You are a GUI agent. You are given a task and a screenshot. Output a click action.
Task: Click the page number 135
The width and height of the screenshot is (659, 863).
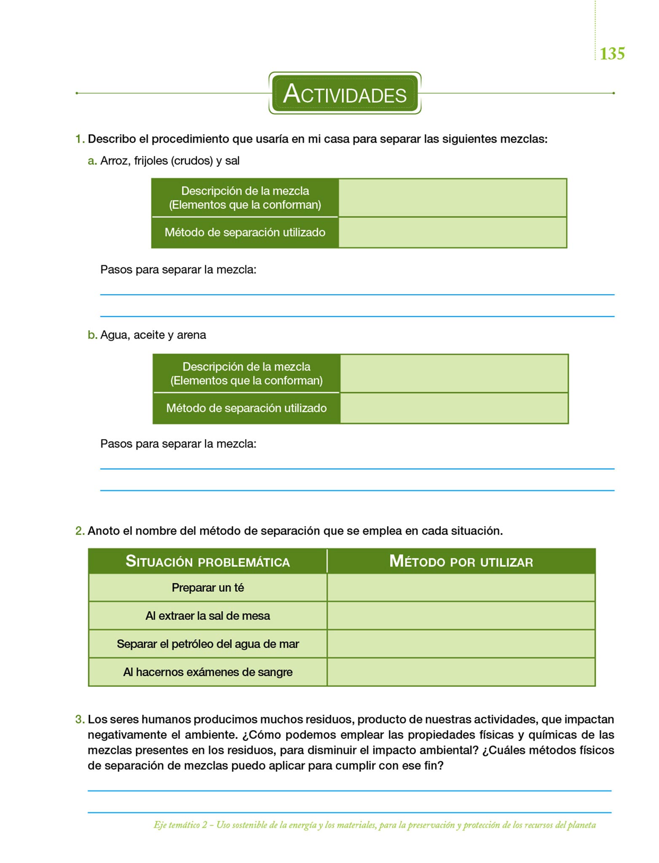point(612,54)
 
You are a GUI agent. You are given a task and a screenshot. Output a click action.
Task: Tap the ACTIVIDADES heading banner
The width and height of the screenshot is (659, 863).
point(345,94)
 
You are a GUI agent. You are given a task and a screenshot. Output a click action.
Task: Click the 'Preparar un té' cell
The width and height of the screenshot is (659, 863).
point(208,588)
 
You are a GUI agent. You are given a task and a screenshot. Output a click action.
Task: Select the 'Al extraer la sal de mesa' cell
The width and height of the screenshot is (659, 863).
point(208,616)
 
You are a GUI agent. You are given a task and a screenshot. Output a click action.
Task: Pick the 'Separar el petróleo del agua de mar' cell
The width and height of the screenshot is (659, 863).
point(208,644)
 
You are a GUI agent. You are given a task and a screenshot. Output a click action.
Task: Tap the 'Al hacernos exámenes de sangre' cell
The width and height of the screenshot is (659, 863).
point(208,672)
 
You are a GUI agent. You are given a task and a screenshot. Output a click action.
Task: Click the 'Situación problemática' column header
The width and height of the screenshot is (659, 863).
point(208,562)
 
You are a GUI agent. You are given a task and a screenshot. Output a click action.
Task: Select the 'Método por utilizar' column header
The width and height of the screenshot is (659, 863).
point(461,562)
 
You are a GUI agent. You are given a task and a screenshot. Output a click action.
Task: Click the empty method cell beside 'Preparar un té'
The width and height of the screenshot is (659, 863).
point(461,588)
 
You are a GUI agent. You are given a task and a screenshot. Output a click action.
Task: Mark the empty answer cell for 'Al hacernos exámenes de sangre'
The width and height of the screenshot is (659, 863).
point(461,672)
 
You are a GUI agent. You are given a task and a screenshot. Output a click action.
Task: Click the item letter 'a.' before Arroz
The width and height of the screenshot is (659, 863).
point(92,161)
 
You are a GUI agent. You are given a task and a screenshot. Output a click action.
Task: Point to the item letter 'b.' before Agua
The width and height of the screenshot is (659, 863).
point(92,335)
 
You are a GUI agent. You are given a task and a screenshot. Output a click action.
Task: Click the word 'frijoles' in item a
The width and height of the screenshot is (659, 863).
point(151,161)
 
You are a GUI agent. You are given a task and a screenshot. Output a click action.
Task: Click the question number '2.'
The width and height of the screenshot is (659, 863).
point(80,531)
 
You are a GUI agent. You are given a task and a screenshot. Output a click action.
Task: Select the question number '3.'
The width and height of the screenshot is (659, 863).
point(80,719)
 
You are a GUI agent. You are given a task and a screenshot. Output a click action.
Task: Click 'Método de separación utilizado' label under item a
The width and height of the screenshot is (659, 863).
point(245,233)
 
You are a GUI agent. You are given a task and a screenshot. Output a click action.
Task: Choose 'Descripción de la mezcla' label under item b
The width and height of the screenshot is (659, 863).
point(246,367)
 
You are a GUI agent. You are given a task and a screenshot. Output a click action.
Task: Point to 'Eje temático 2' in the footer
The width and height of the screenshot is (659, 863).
point(180,825)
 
